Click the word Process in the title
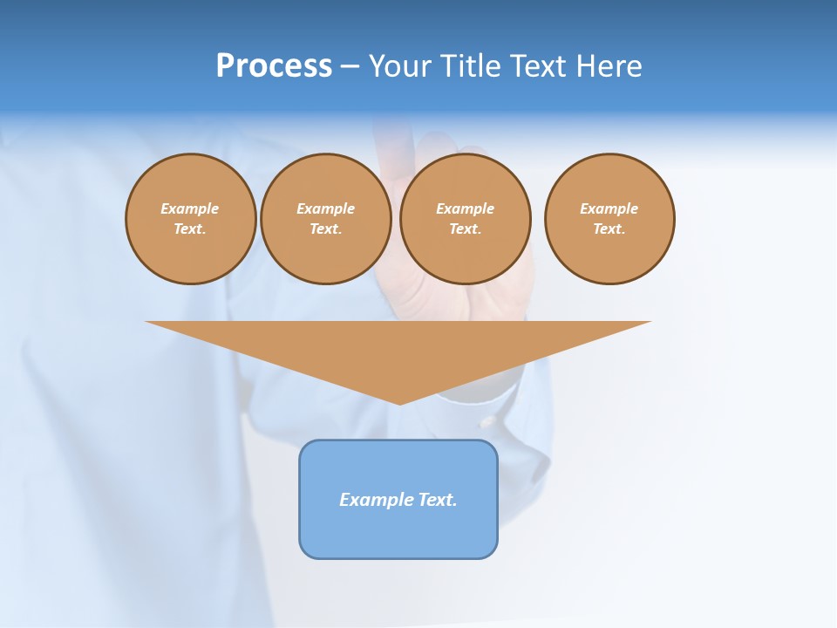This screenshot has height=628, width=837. pos(274,66)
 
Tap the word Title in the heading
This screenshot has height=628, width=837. pos(470,66)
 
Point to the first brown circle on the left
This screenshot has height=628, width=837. pos(190,219)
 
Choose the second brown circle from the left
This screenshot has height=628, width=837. pos(325,219)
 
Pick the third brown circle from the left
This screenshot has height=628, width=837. pos(465,219)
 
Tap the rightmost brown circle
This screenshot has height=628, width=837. pos(609,219)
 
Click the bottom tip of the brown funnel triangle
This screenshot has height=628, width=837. pos(399,402)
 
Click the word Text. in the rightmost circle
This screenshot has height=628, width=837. pos(609,229)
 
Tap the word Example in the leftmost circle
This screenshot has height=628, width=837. pos(190,208)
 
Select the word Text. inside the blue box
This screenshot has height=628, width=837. pos(438,500)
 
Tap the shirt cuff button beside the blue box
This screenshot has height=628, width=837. pos(488,422)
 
